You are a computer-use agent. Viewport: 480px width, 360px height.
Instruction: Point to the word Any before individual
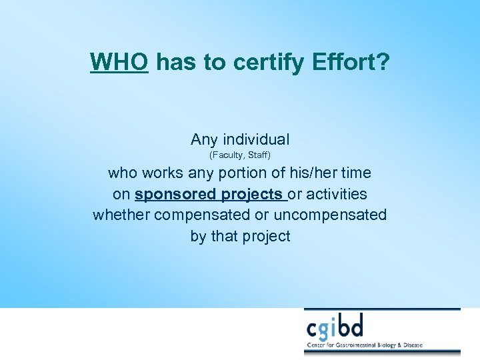pyautogui.click(x=203, y=139)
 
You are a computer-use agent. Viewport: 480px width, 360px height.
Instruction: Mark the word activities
pyautogui.click(x=335, y=194)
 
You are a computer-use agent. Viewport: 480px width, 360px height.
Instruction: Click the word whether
pyautogui.click(x=121, y=215)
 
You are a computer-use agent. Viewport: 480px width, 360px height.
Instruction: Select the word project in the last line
pyautogui.click(x=267, y=236)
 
